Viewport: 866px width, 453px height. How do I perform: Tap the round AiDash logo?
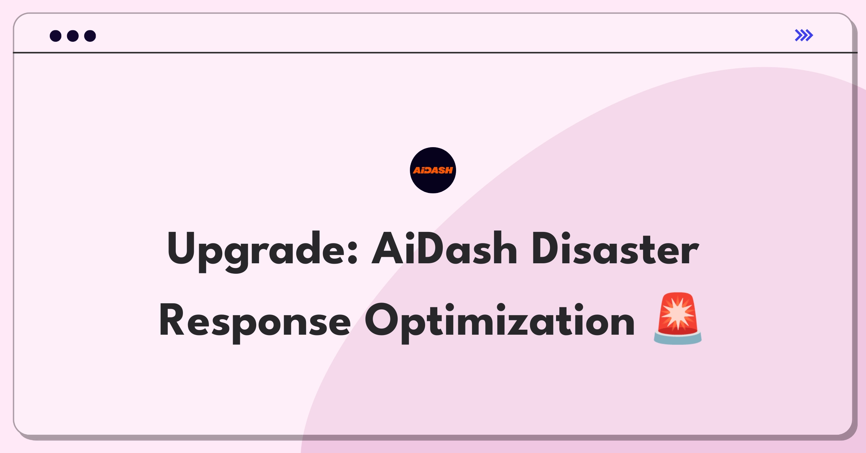[433, 170]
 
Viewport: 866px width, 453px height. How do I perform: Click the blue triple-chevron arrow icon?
[804, 35]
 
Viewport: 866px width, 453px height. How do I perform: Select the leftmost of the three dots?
[56, 36]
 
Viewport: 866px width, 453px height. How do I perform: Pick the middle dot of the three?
[73, 36]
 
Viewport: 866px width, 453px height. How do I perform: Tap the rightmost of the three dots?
[90, 36]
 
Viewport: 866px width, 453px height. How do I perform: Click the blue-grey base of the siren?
[678, 339]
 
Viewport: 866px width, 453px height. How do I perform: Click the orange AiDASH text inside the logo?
[433, 170]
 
